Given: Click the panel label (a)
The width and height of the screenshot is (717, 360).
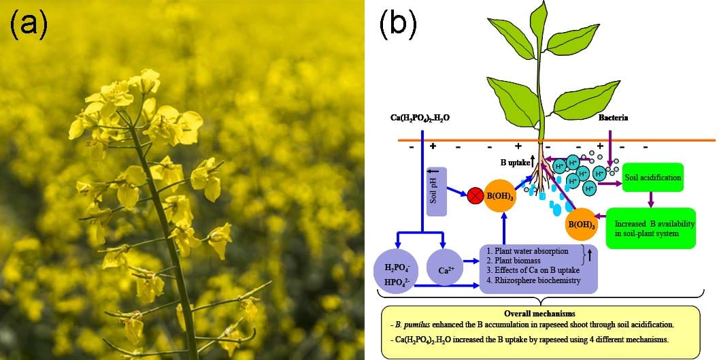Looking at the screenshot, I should tap(29, 25).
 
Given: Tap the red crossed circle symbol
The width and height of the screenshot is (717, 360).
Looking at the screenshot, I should tap(476, 198).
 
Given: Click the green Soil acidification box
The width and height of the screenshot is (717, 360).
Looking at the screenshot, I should tap(652, 177).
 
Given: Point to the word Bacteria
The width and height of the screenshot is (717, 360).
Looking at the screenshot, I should tap(613, 118).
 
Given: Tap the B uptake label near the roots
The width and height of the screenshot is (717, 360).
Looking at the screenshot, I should tap(516, 163).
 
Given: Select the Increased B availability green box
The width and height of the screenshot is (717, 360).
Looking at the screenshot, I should tap(650, 228).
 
